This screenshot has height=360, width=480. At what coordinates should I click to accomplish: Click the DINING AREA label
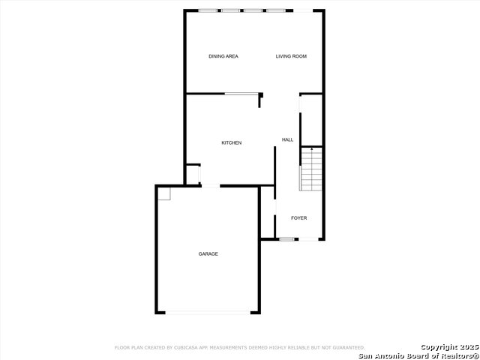point(223,56)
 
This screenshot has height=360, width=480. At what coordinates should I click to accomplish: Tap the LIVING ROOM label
point(291,56)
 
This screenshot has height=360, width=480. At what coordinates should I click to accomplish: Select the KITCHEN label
point(232,143)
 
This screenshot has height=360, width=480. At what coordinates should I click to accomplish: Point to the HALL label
point(287,140)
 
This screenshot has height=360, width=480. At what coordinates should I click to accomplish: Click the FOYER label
point(298,218)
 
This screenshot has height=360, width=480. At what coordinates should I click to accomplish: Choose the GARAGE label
point(208,253)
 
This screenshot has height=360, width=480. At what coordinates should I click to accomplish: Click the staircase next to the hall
point(311,169)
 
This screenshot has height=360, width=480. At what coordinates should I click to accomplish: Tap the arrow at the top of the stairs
point(312,149)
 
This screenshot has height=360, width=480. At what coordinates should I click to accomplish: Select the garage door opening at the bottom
point(208,313)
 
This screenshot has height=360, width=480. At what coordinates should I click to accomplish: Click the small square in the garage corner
point(164,194)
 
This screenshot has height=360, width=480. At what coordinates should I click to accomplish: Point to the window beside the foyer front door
point(286,239)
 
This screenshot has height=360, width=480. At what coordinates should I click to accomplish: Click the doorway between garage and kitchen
point(211,186)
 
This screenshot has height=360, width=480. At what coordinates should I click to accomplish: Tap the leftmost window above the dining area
point(208,10)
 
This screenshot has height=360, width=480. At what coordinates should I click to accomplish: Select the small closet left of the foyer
point(268,211)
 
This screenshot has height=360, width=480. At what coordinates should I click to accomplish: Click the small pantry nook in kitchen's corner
point(193,175)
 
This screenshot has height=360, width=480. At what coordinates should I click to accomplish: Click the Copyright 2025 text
point(449,347)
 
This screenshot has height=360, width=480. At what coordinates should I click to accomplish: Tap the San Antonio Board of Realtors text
point(419,356)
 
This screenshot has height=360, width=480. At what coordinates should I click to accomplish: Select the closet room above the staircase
point(312,120)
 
